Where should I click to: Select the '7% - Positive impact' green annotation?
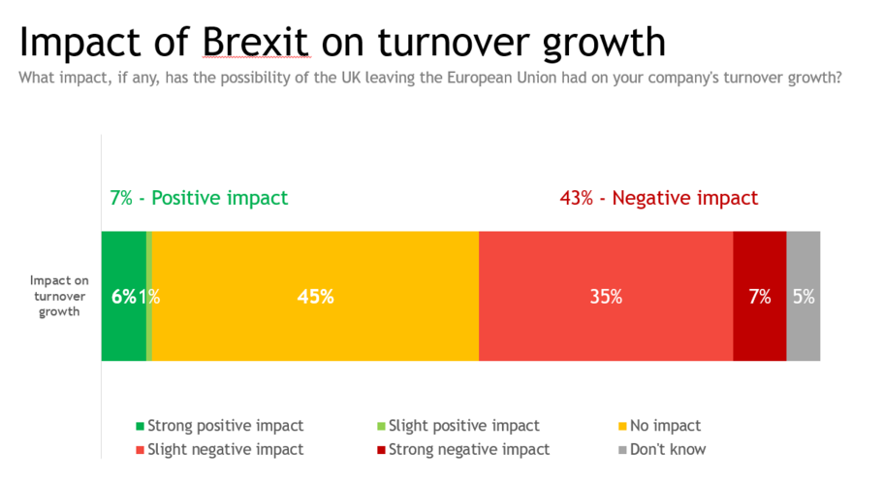[199, 198]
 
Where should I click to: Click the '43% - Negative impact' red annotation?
[658, 198]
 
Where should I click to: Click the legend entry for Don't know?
[667, 449]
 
